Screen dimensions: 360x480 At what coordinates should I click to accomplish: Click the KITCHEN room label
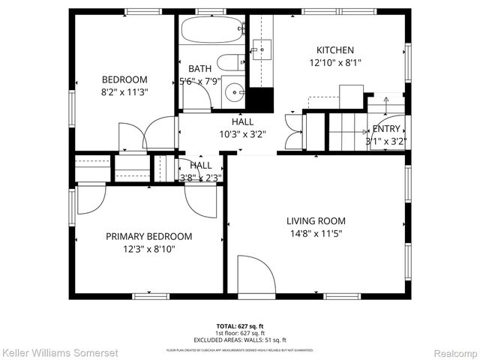click(335, 50)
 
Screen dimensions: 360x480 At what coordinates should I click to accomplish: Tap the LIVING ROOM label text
click(316, 220)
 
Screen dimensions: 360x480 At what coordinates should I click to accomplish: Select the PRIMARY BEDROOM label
click(148, 235)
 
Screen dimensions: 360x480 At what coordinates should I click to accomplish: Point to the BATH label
click(199, 68)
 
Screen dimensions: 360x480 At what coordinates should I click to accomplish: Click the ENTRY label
click(386, 128)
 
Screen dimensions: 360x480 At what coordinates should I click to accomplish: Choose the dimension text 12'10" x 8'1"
click(335, 63)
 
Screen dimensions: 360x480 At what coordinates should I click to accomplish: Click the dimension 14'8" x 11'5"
click(316, 234)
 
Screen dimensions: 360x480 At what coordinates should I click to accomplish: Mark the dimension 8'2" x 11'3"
click(124, 93)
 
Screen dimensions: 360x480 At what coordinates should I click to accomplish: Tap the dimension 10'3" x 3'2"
click(242, 134)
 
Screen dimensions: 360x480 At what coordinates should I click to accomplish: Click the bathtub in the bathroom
click(213, 31)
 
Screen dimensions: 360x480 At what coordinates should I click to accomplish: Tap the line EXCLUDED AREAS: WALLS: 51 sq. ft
click(239, 338)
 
